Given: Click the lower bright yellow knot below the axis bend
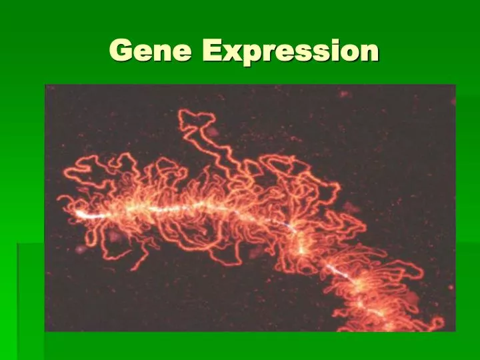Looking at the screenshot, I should [301, 250].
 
